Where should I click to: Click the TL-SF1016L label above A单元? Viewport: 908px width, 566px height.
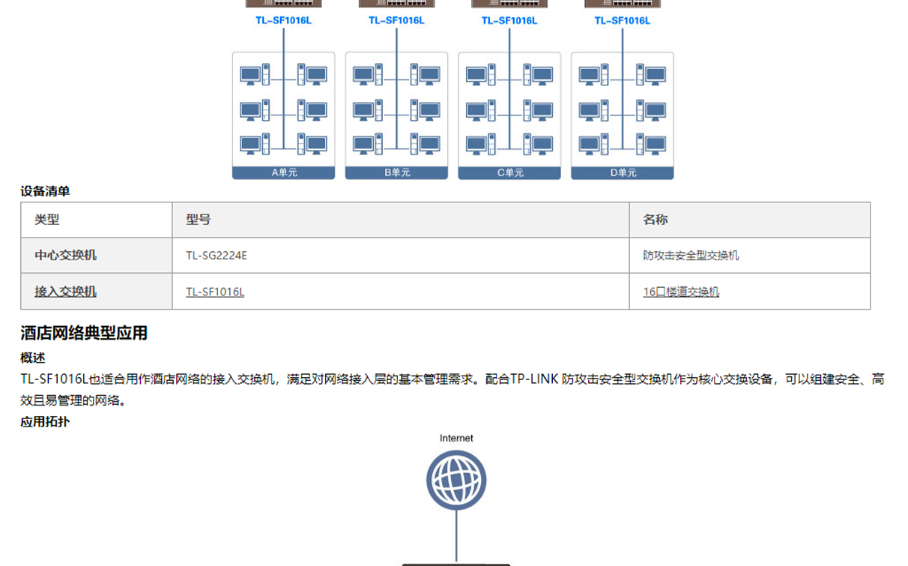[x=283, y=20]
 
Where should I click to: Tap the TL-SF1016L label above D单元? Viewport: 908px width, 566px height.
[x=623, y=20]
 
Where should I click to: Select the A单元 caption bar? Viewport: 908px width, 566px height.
[x=283, y=172]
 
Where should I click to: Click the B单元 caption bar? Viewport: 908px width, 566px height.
[x=396, y=172]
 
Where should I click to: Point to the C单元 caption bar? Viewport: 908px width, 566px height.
[x=509, y=172]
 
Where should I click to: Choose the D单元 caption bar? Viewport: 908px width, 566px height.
[x=623, y=172]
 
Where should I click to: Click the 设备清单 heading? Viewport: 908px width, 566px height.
[x=45, y=191]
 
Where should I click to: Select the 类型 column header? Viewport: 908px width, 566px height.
[x=47, y=220]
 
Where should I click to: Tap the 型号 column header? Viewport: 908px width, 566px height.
[x=199, y=220]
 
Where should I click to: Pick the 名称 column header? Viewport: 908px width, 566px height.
[x=655, y=220]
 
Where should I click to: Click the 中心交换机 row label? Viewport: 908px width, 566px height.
[x=65, y=255]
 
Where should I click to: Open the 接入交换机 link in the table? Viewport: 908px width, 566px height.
[x=65, y=292]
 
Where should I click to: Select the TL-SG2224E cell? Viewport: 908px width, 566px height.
[x=217, y=256]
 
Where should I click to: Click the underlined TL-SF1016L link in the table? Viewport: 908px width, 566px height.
[x=215, y=292]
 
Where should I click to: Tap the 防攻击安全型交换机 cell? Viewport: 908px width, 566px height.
[x=691, y=255]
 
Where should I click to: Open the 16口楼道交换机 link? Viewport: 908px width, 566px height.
[x=681, y=292]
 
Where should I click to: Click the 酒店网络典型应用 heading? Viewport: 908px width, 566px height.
[x=84, y=333]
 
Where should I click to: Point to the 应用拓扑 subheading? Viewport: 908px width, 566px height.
[x=45, y=422]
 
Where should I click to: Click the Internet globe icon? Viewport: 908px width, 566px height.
[x=456, y=480]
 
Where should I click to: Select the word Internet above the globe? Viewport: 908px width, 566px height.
[x=456, y=439]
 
